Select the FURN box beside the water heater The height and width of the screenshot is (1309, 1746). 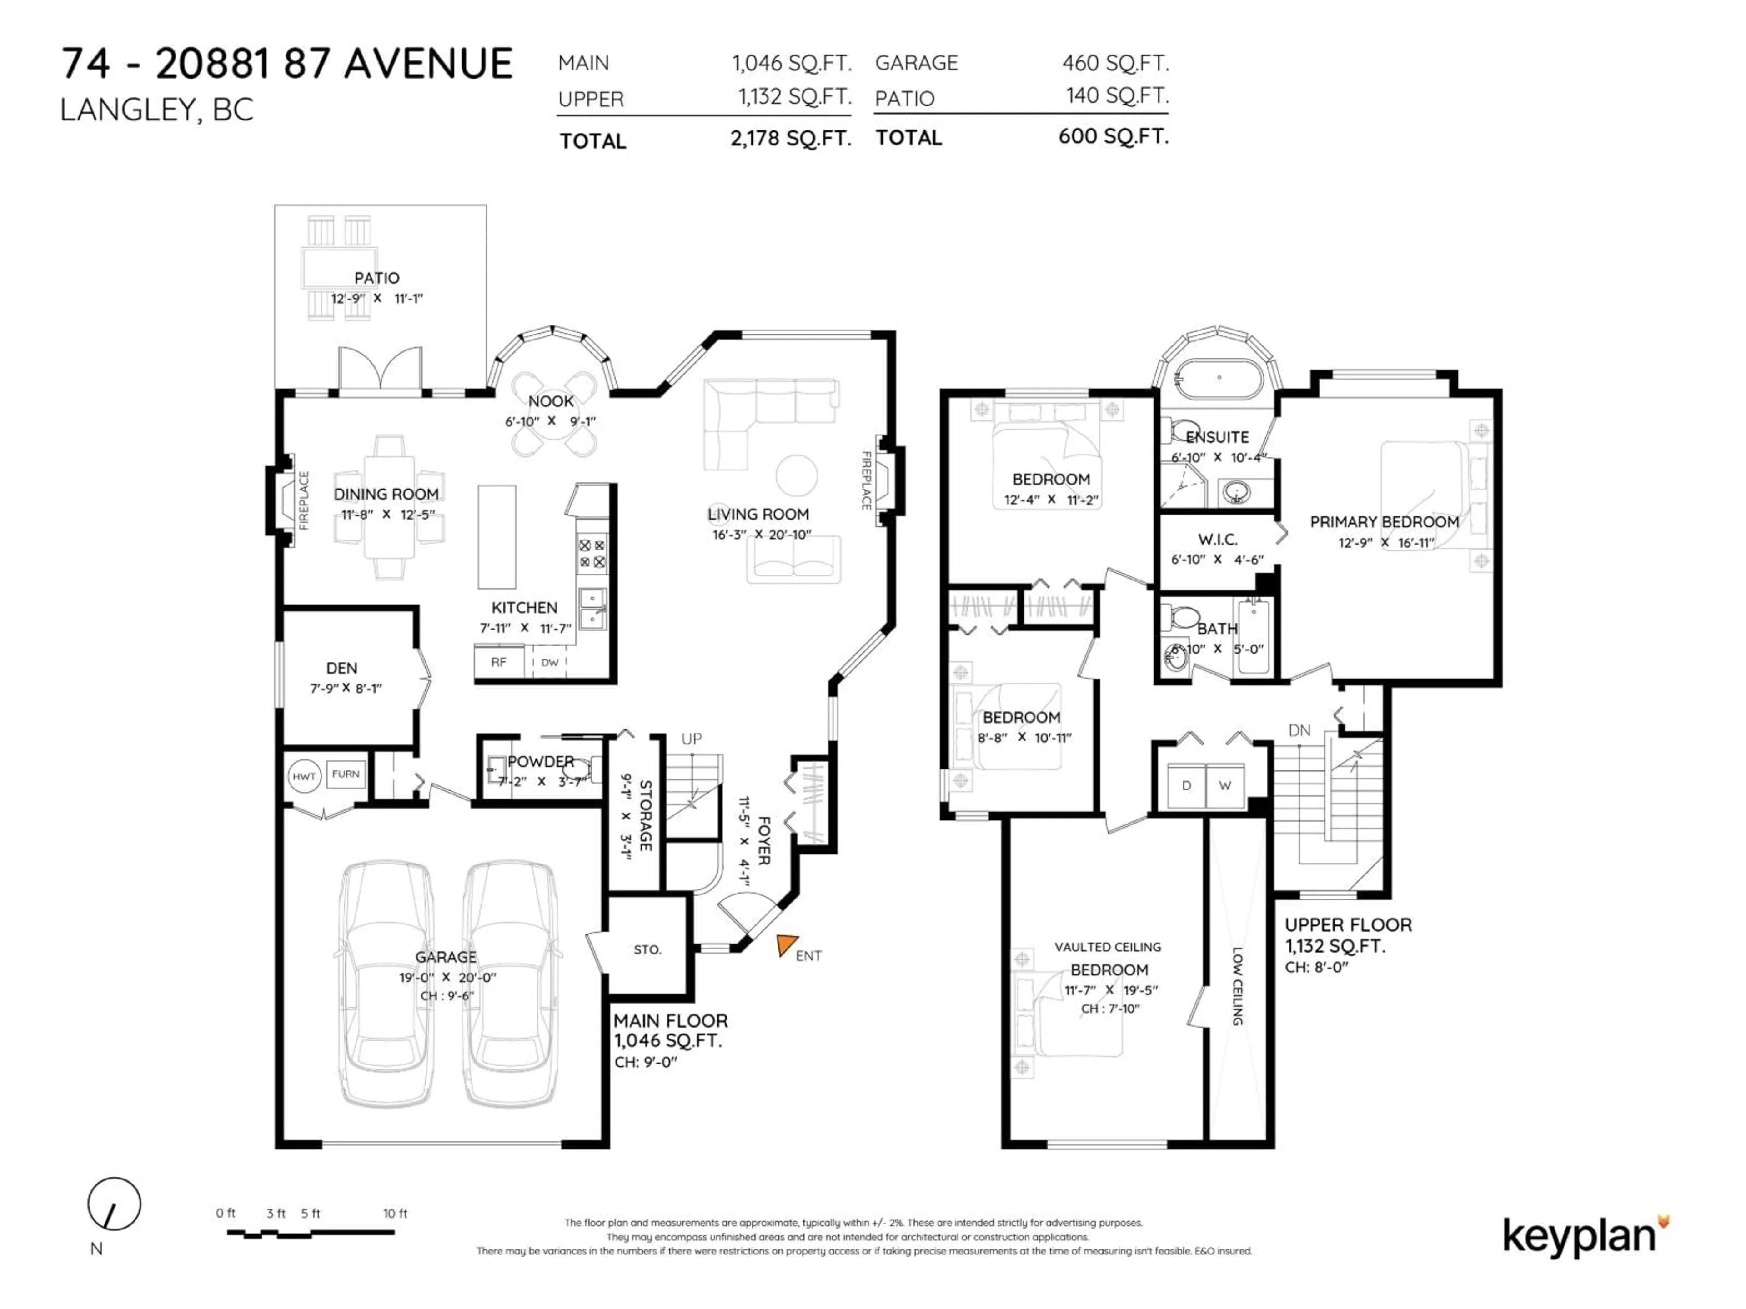(x=346, y=774)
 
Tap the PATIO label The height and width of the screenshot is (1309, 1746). (x=376, y=278)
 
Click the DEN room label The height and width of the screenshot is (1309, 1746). (x=342, y=668)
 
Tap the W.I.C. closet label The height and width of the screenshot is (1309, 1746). (x=1217, y=539)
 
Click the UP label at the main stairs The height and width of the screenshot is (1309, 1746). (x=692, y=739)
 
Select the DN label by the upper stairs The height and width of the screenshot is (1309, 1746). (x=1299, y=731)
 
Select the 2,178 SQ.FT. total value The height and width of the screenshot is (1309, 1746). (x=790, y=139)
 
